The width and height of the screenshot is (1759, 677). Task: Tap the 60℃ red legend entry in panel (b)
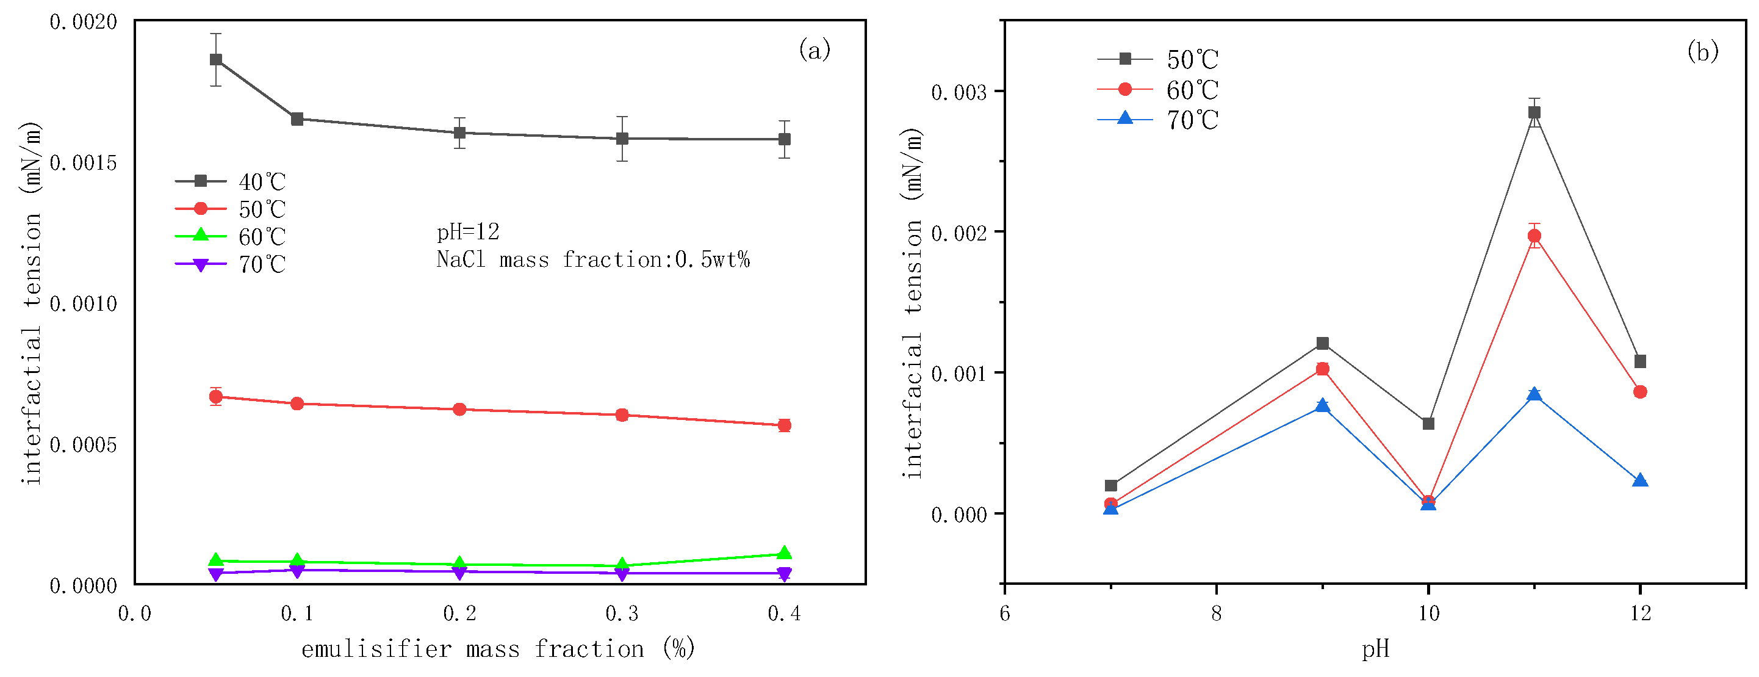click(1157, 90)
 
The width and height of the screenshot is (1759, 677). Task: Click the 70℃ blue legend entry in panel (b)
click(1157, 120)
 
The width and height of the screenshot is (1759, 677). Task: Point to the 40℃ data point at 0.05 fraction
click(216, 59)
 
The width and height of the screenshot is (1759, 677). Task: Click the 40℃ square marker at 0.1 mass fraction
click(297, 119)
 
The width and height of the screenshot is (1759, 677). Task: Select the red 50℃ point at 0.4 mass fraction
click(785, 425)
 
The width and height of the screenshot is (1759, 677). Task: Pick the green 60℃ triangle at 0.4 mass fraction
click(785, 552)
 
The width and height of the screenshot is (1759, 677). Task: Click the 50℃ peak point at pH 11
click(1534, 113)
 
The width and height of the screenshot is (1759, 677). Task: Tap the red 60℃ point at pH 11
click(1534, 236)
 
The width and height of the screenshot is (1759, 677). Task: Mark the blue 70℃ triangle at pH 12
click(1640, 480)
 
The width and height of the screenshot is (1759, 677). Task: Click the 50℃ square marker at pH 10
click(1428, 424)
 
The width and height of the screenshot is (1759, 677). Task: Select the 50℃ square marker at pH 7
click(1111, 486)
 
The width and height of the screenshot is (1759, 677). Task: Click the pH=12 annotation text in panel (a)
click(468, 232)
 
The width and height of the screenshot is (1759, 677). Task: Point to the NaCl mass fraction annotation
click(592, 260)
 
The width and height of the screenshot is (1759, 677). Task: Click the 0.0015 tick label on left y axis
click(84, 163)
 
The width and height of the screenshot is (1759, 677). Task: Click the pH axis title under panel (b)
click(1375, 648)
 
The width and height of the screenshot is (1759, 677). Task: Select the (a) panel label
click(814, 50)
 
